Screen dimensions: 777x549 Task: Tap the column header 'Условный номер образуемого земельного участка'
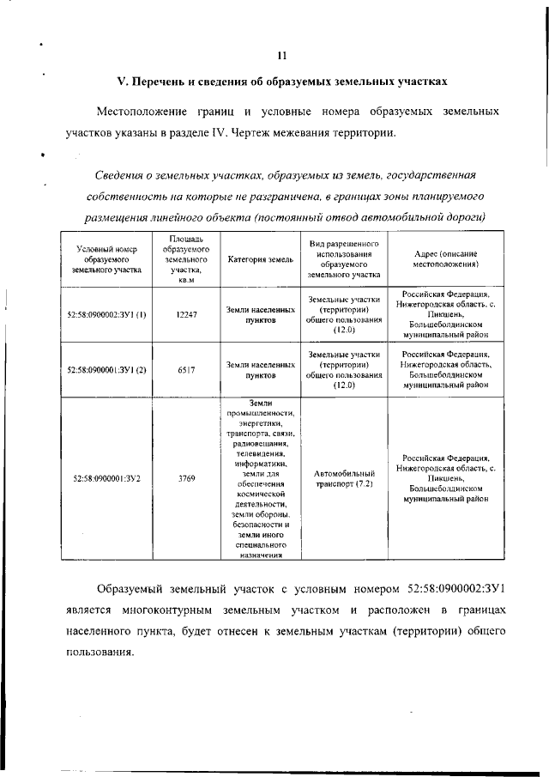pyautogui.click(x=107, y=258)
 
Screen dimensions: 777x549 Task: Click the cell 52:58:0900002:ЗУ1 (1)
pyautogui.click(x=107, y=314)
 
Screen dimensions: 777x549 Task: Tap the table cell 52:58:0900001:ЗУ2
pyautogui.click(x=107, y=478)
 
